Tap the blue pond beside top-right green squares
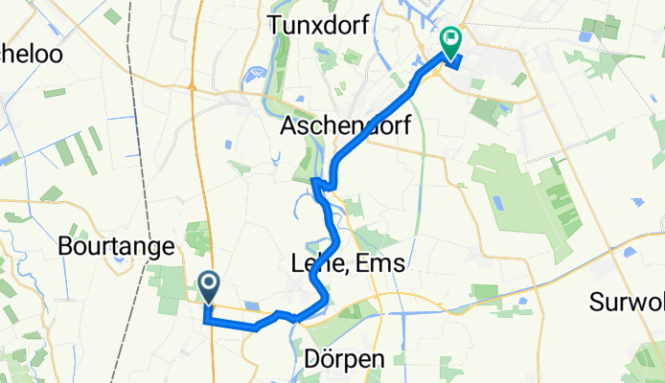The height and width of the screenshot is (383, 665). [585, 36]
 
